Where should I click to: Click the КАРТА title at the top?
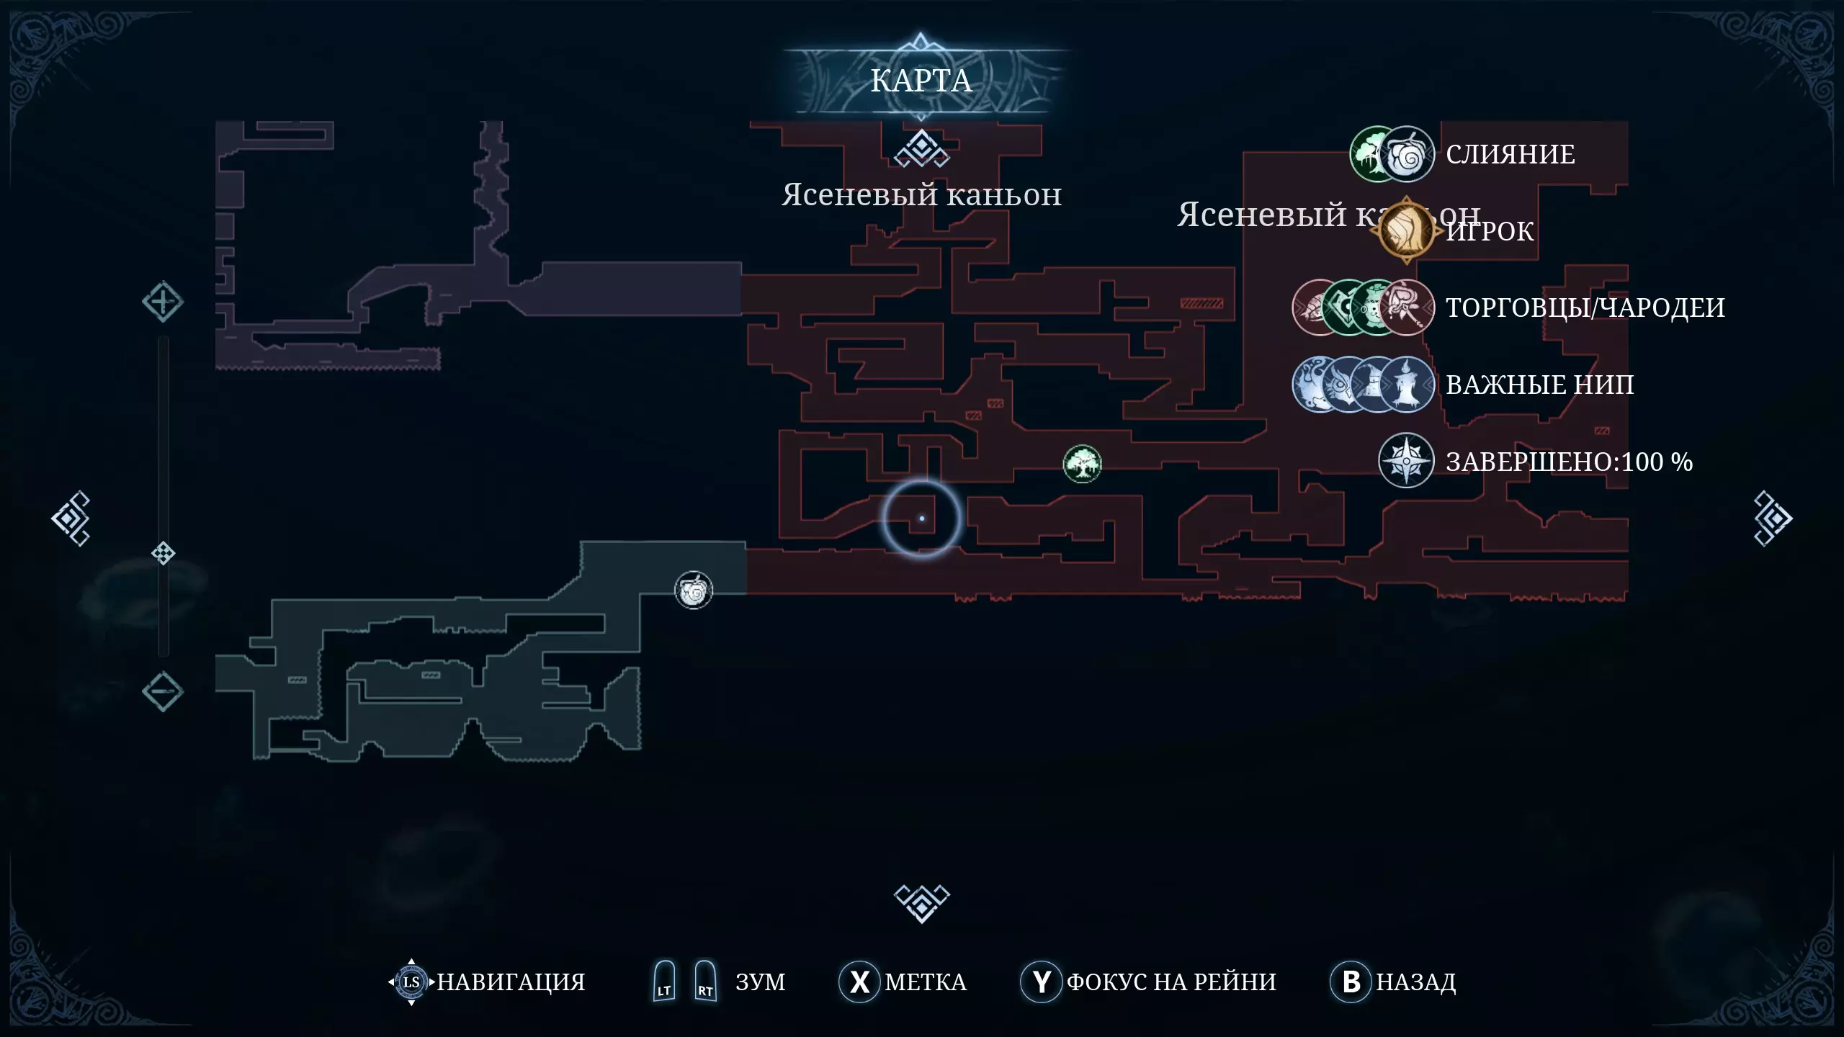click(x=921, y=81)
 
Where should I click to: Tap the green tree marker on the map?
click(x=1082, y=464)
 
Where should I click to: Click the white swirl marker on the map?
click(x=694, y=591)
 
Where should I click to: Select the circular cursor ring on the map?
click(x=922, y=518)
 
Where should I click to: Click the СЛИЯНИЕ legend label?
click(x=1510, y=154)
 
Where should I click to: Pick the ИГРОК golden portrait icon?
click(x=1406, y=230)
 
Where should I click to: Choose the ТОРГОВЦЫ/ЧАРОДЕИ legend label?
click(x=1585, y=307)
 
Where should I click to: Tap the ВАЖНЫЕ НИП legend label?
click(x=1539, y=385)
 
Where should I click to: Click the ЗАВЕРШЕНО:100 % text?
click(x=1569, y=462)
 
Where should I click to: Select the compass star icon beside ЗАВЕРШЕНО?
click(x=1405, y=461)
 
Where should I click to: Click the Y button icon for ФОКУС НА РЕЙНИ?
click(x=1041, y=982)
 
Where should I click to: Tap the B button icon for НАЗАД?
click(x=1351, y=982)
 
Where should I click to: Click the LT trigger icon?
click(x=664, y=982)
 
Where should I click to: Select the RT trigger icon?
click(x=705, y=982)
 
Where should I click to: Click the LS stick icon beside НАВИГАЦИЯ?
click(x=411, y=982)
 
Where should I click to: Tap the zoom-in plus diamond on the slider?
click(x=163, y=302)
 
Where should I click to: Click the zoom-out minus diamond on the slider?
click(x=163, y=691)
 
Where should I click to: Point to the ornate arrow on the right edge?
click(x=1773, y=518)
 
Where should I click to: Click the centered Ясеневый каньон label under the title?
click(x=921, y=195)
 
